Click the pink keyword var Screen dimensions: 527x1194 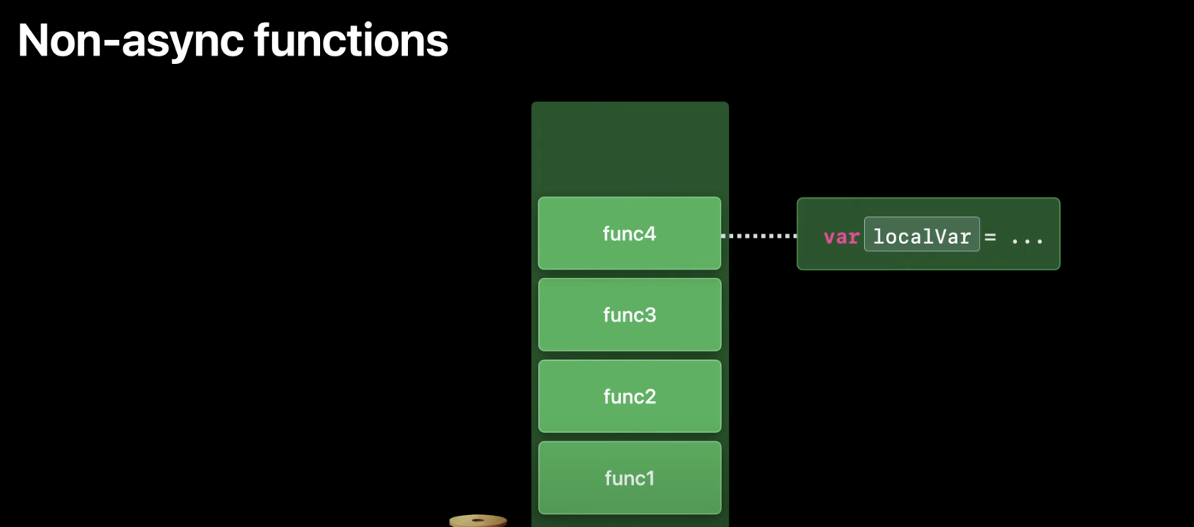coord(841,237)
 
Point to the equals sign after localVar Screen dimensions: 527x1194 coord(991,238)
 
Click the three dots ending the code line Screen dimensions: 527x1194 coord(1027,240)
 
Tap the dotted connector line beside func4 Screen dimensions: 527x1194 coord(759,236)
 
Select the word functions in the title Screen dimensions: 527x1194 coord(351,41)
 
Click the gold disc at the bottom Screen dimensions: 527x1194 coord(478,520)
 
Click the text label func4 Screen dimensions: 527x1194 coord(629,233)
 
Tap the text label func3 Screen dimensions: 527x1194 coord(629,315)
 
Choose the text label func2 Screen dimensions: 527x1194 coord(629,396)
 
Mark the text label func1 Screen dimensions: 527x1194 coord(629,478)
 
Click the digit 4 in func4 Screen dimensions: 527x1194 coord(650,233)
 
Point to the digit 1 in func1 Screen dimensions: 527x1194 coord(650,478)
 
